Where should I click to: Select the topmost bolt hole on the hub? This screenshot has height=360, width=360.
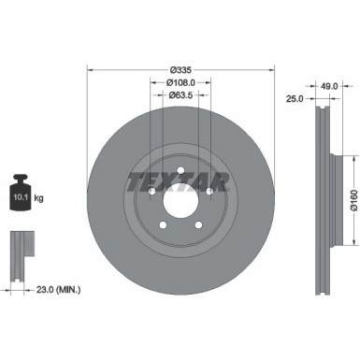pos(180,171)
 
